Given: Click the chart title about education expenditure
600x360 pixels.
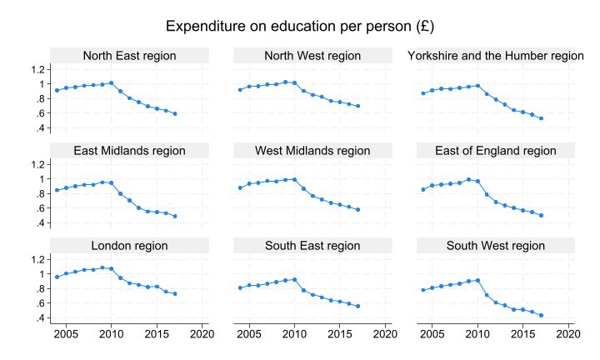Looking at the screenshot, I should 300,26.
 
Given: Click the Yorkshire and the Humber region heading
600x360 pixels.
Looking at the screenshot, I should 496,56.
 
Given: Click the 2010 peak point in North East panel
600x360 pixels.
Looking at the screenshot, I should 111,82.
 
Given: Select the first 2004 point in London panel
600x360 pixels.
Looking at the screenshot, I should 57,277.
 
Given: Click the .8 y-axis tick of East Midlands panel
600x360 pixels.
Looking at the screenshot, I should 38,193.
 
